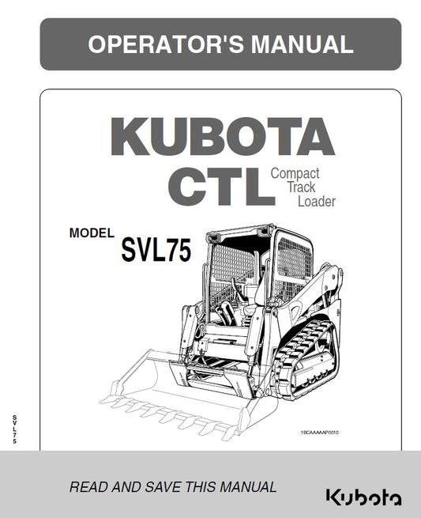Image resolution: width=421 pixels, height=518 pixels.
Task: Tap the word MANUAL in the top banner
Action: point(301,44)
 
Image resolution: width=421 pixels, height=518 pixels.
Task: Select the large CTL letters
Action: point(214,186)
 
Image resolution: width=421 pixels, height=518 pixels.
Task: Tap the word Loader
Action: point(316,202)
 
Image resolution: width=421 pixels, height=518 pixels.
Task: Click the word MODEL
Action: point(92,233)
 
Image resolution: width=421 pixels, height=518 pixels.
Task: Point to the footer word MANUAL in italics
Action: point(245,487)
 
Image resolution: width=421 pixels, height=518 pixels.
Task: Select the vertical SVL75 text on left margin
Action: point(13,430)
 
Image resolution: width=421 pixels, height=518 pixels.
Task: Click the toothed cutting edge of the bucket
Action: point(166,414)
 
